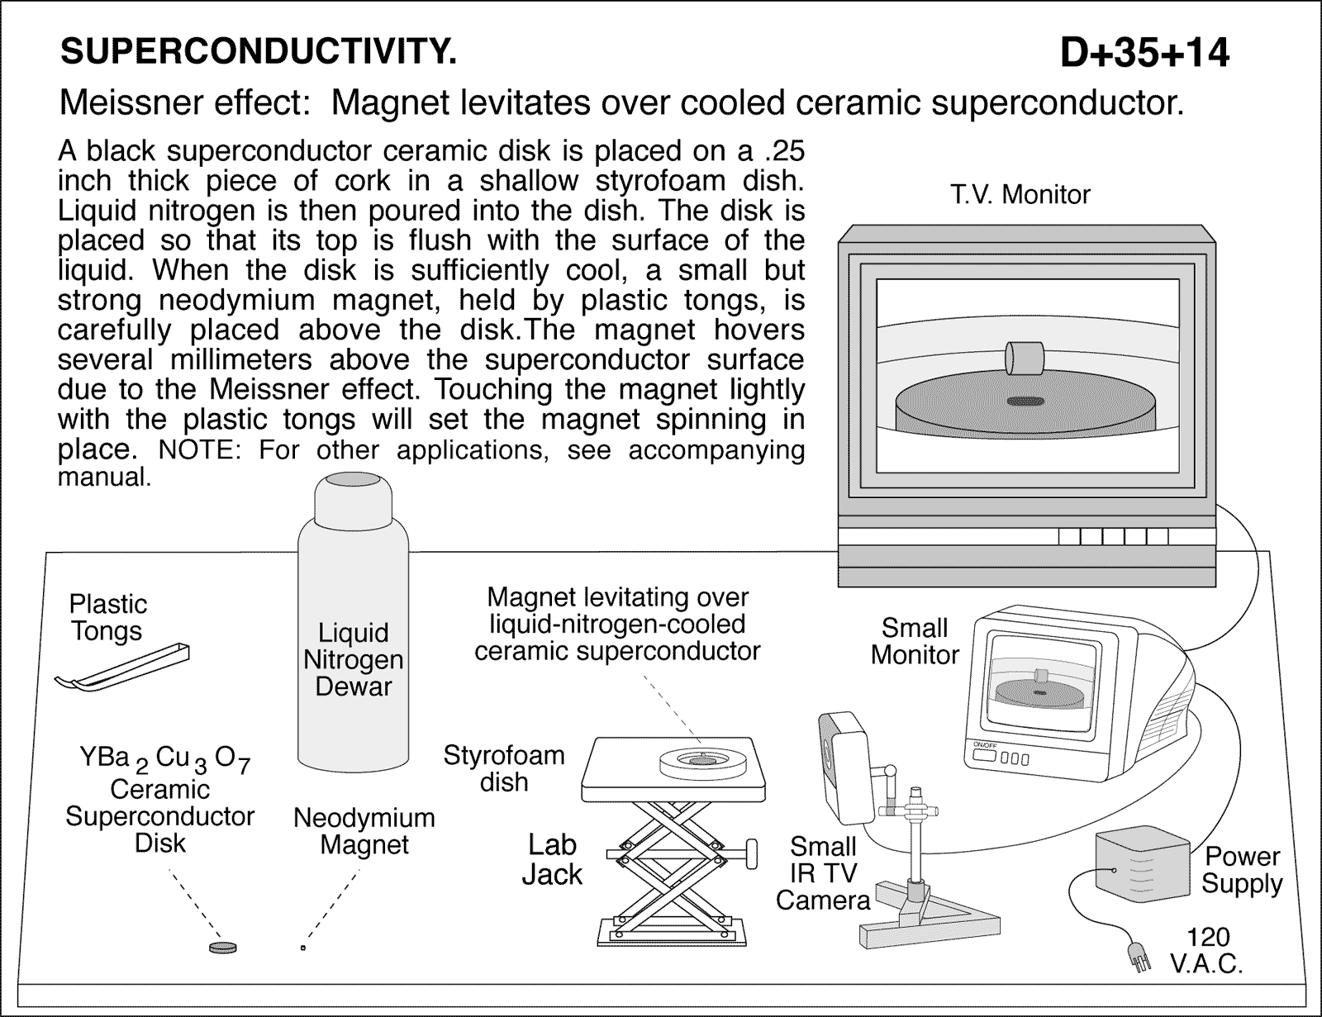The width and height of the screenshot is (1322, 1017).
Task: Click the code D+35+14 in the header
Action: (x=1145, y=54)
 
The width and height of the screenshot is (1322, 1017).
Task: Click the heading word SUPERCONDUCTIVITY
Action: (x=258, y=52)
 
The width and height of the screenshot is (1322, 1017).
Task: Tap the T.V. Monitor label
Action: (x=1020, y=195)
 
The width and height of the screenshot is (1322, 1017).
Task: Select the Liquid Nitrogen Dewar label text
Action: (x=353, y=659)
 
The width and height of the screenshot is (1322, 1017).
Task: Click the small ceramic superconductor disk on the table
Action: (x=221, y=947)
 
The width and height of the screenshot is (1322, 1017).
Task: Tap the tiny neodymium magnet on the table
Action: (x=303, y=948)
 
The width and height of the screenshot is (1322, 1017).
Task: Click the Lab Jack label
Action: (x=552, y=859)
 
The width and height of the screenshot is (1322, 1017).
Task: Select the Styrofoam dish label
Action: (x=504, y=768)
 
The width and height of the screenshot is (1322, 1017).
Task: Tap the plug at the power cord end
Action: (x=1137, y=959)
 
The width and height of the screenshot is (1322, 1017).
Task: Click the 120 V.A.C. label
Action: (x=1207, y=950)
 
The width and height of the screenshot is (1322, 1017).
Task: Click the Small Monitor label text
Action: (x=914, y=641)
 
